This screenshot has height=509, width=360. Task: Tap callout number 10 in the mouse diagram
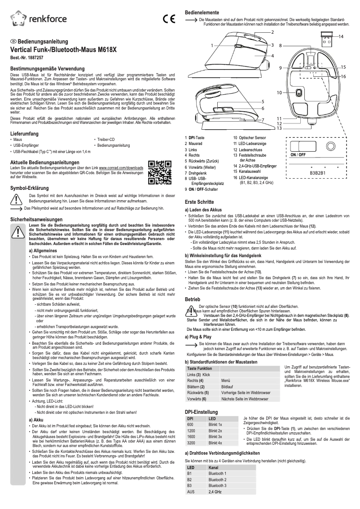coord(279,92)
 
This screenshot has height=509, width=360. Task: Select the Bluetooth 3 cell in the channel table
coord(219,486)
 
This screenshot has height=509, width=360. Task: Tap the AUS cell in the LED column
coord(190,492)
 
